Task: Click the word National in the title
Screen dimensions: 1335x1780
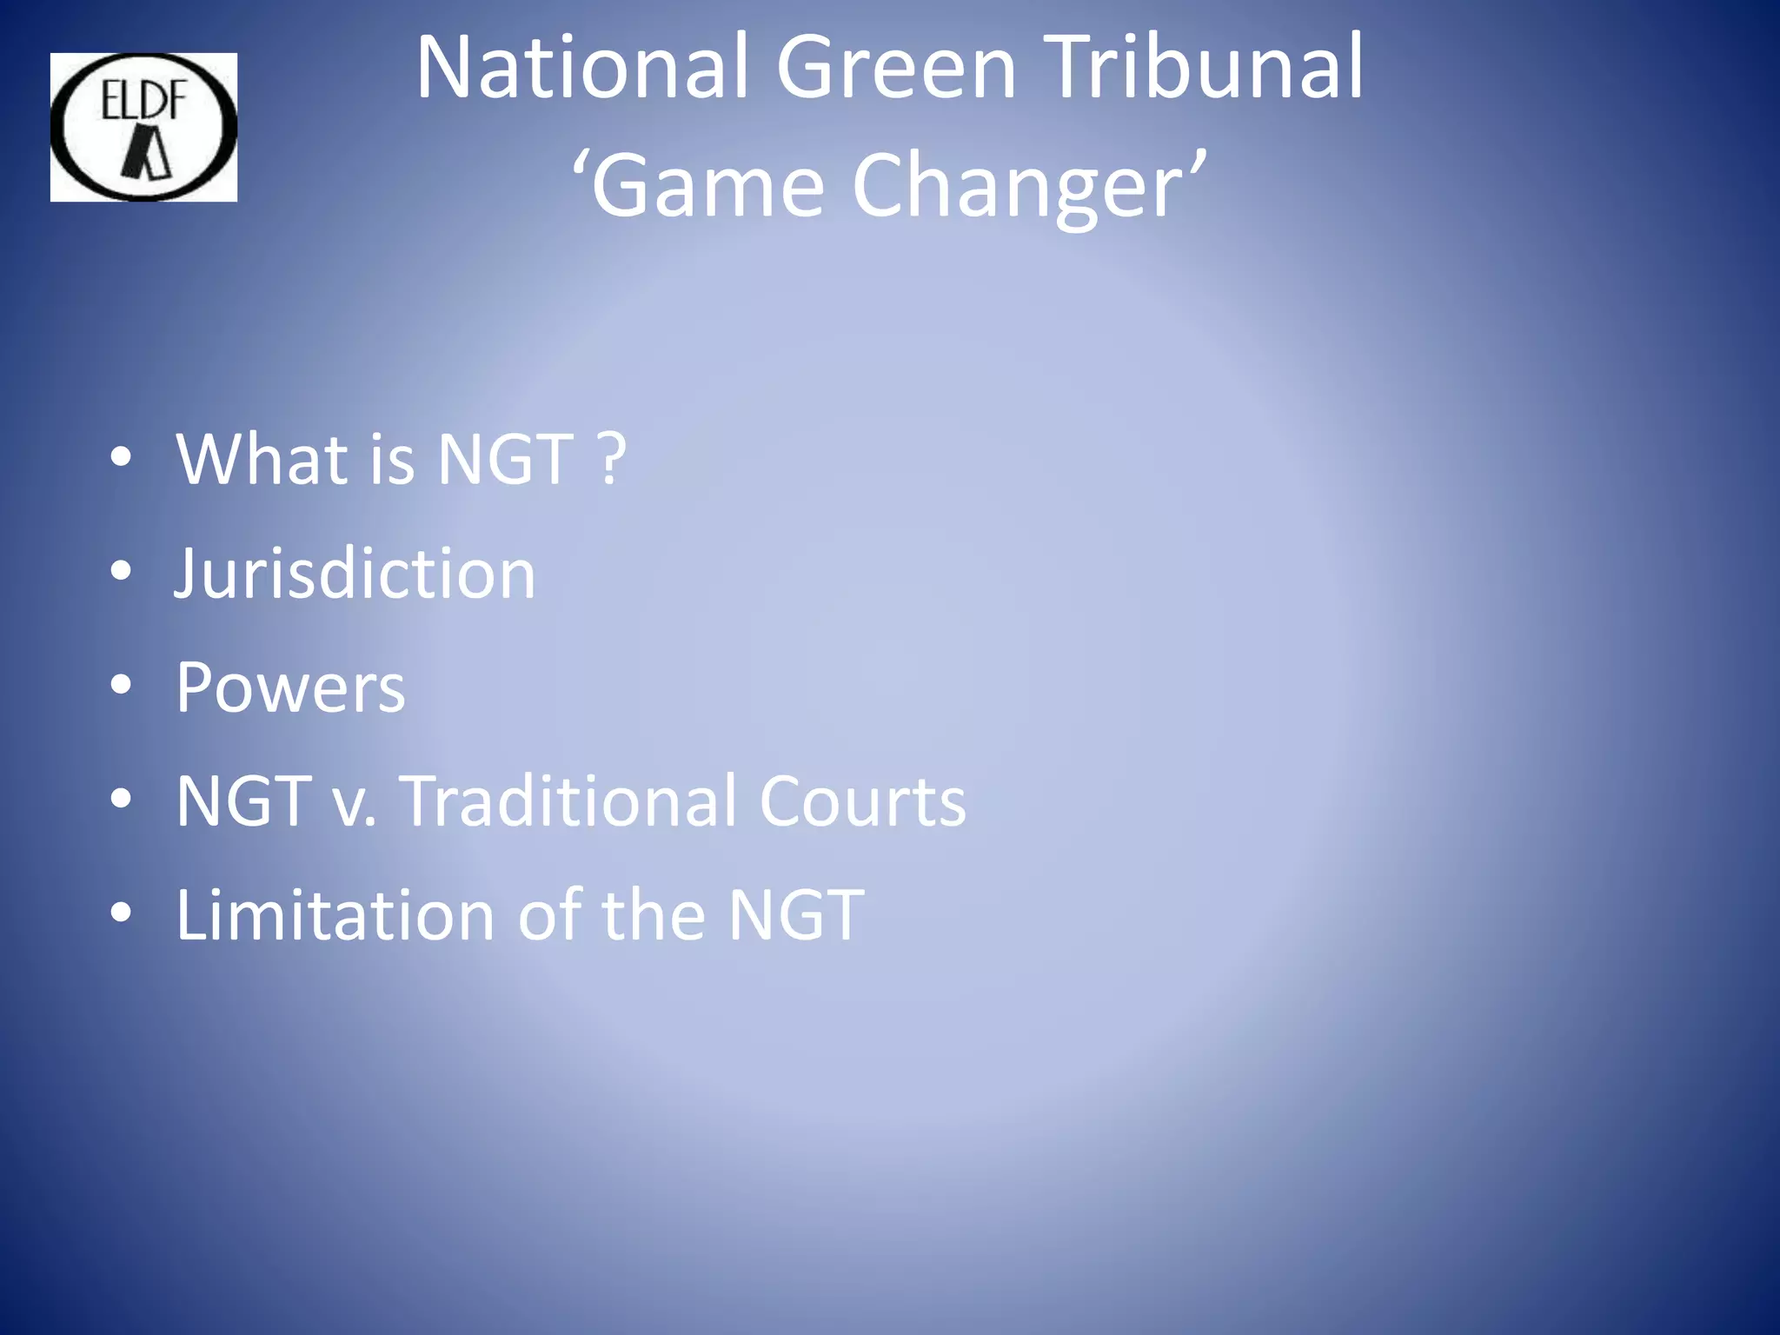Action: (581, 68)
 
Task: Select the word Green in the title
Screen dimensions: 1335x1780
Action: (895, 68)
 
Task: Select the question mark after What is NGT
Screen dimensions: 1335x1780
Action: (612, 459)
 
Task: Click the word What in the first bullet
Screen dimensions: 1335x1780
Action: (262, 459)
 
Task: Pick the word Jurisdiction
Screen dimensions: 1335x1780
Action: (355, 574)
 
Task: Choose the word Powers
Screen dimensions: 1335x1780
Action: (290, 687)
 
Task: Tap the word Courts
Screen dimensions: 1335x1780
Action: (861, 800)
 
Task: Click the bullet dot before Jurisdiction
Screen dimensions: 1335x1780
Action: (121, 571)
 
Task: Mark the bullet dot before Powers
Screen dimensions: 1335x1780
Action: (121, 685)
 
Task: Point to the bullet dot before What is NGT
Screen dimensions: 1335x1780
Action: (121, 457)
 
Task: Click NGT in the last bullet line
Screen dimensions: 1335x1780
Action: (795, 914)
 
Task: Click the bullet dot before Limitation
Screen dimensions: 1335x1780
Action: (121, 913)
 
